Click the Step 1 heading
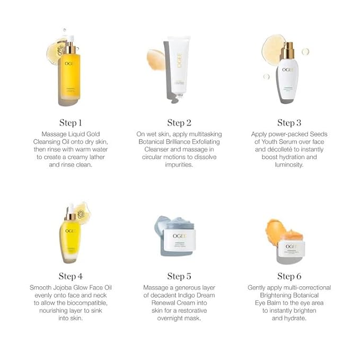71,123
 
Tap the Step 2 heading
180,123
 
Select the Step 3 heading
289,123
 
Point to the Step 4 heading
71,276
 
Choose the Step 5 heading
180,276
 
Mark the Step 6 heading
289,276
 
